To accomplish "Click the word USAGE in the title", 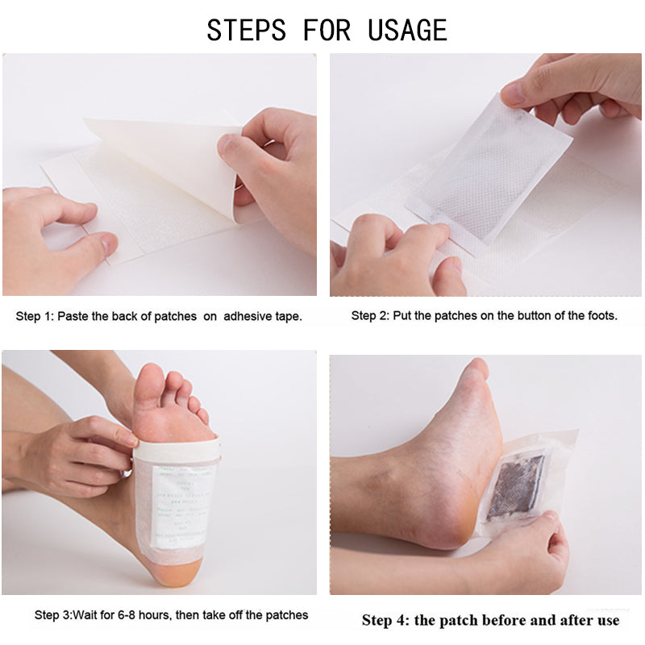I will (407, 31).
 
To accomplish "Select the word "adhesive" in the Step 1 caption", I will (248, 316).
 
